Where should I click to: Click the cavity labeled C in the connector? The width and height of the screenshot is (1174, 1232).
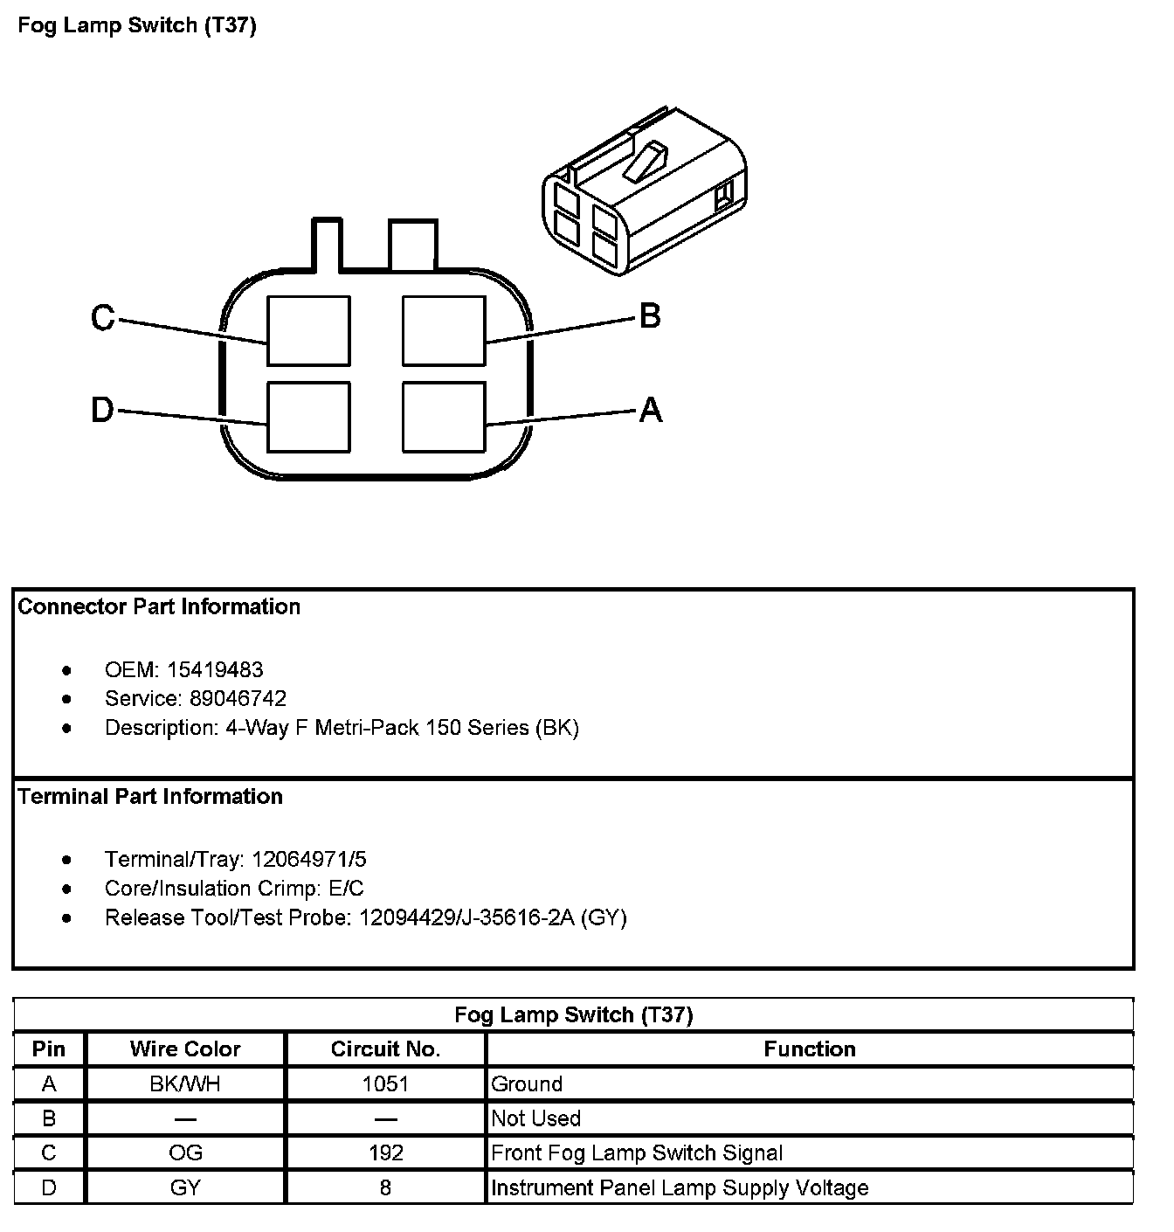[x=308, y=330]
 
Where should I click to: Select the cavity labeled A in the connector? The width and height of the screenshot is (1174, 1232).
[x=444, y=417]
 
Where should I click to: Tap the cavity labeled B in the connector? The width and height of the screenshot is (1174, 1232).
[x=444, y=330]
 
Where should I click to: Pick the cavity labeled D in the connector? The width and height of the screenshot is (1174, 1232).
[x=308, y=417]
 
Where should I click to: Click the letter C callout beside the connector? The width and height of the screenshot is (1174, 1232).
[x=103, y=318]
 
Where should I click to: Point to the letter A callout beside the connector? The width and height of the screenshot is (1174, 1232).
[x=651, y=410]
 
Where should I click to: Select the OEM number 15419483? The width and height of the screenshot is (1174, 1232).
[x=215, y=670]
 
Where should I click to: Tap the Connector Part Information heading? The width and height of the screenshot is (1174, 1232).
[x=159, y=607]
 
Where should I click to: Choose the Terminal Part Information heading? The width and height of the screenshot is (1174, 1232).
[x=150, y=797]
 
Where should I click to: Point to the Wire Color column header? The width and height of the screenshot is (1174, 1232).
[x=185, y=1049]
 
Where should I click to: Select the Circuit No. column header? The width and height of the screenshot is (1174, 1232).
[x=385, y=1049]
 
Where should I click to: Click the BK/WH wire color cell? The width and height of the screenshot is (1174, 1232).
[x=185, y=1084]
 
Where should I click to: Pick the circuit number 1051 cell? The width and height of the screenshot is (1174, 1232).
[x=385, y=1084]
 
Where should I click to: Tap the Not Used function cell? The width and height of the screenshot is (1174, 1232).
[x=536, y=1119]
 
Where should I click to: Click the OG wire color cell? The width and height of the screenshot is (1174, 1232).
[x=185, y=1153]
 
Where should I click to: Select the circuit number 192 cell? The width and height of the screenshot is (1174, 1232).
[x=385, y=1153]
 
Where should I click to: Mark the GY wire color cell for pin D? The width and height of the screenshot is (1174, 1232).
[x=185, y=1188]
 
